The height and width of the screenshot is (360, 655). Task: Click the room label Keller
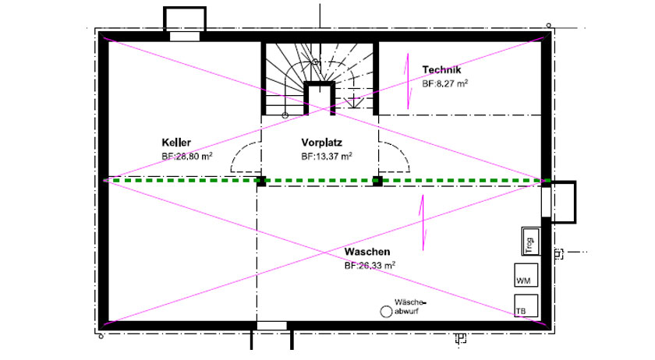[x=176, y=143]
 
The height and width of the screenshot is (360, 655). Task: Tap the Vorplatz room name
[x=321, y=143]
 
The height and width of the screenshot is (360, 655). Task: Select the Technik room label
[x=441, y=70]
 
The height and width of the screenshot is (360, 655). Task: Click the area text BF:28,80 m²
[x=187, y=156]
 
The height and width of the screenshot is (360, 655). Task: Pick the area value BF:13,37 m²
[x=327, y=156]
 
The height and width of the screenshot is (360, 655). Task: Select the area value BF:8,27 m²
[x=445, y=83]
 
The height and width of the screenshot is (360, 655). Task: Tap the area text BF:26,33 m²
[x=370, y=265]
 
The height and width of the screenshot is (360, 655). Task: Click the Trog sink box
[x=530, y=242]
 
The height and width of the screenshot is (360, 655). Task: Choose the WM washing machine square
[x=526, y=275]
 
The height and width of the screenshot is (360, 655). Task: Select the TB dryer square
[x=526, y=305]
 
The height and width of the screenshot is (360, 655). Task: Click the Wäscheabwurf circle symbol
[x=386, y=312]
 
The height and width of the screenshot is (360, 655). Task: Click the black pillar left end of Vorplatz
[x=261, y=181]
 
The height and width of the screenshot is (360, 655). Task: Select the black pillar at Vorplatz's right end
[x=377, y=181]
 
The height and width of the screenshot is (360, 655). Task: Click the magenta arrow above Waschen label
[x=423, y=223]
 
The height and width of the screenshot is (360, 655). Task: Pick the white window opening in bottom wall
[x=272, y=326]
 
